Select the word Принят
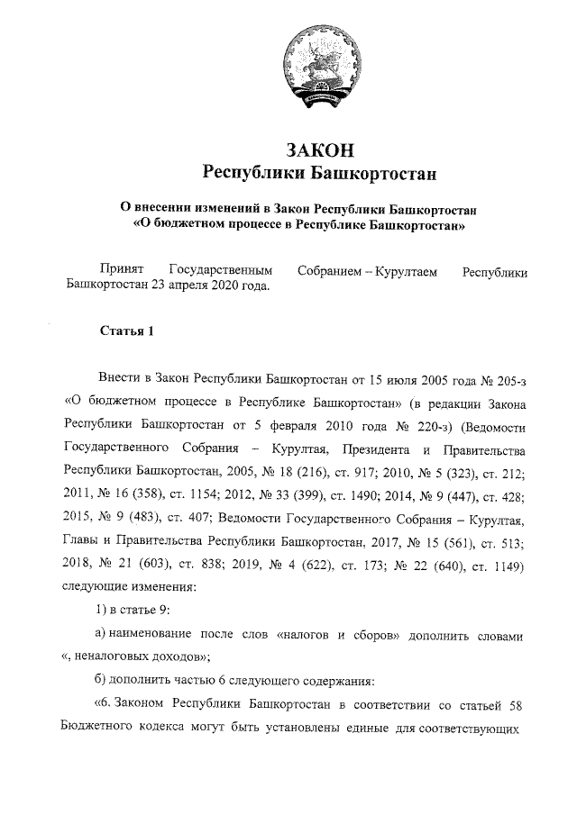(120, 270)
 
